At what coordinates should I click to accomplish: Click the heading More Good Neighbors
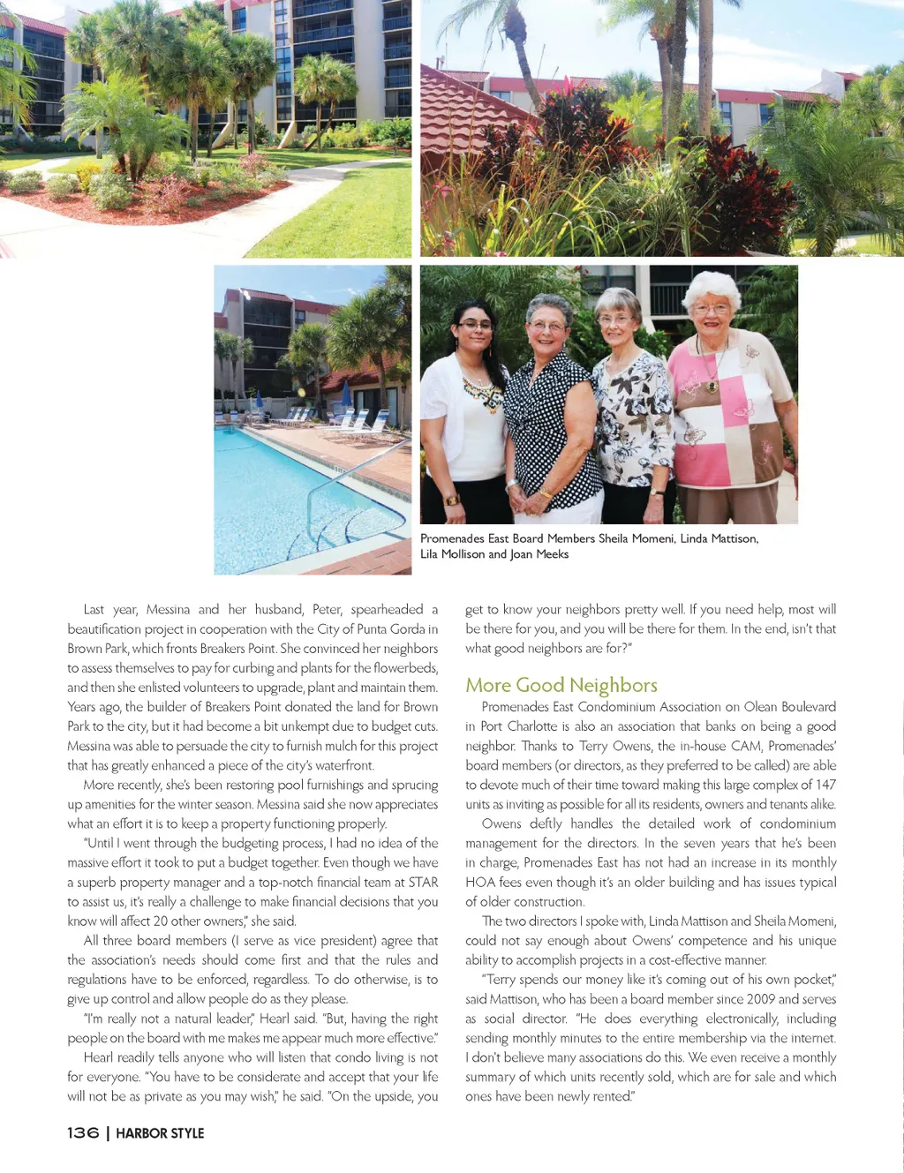point(561,685)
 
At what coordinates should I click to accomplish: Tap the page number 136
point(83,1133)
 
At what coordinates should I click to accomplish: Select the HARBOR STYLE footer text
point(160,1133)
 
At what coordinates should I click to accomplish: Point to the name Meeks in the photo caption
point(552,554)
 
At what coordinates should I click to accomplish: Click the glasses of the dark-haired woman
point(474,326)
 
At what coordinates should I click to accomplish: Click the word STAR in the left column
point(423,882)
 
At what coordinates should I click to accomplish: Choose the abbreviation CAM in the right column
point(745,746)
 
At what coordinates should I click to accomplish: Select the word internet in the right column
point(810,1038)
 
